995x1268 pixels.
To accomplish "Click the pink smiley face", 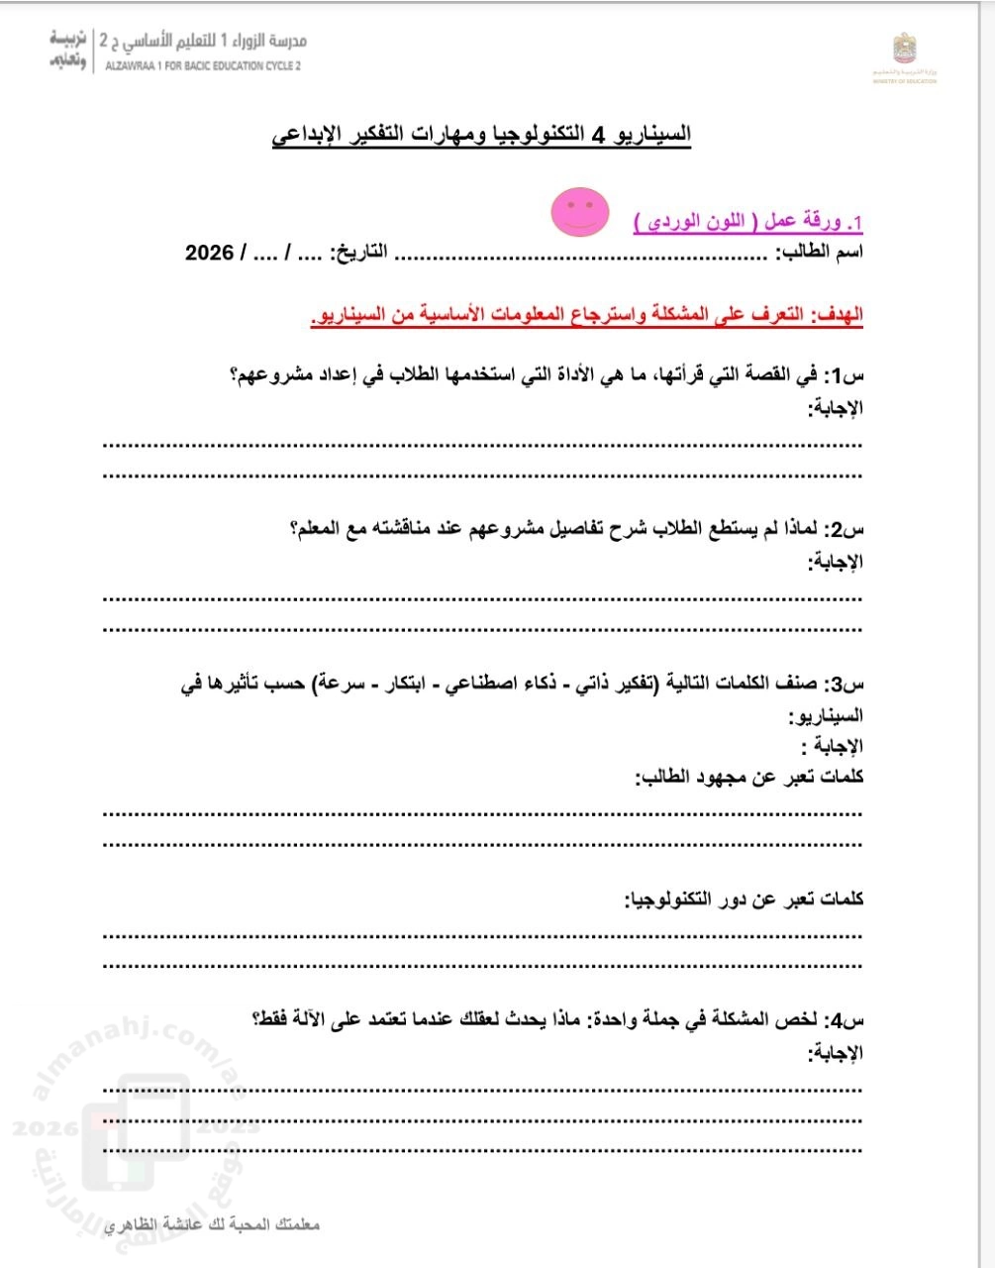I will pyautogui.click(x=580, y=212).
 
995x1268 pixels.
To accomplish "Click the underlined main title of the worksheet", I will pyautogui.click(x=482, y=135).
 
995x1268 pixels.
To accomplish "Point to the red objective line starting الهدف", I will pyautogui.click(x=586, y=315).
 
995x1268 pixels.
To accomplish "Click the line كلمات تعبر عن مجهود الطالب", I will pyautogui.click(x=748, y=778).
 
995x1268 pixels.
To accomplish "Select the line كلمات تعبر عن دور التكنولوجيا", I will pyautogui.click(x=744, y=899).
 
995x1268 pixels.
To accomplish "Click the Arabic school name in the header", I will pyautogui.click(x=203, y=42).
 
